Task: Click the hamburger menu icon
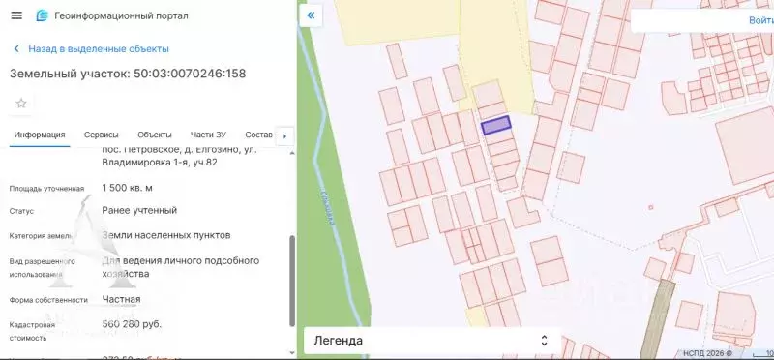coord(15,15)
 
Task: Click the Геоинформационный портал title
coord(121,15)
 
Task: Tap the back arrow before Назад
coord(16,48)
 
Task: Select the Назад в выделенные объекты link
coord(99,48)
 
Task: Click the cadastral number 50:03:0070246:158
coord(190,74)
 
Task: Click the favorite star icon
coord(21,103)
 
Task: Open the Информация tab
coord(40,135)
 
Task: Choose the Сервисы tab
coord(102,135)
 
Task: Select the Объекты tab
coord(155,135)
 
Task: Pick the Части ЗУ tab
coord(208,135)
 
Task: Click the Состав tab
coord(258,135)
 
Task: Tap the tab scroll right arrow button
coord(284,135)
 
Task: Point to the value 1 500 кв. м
coord(128,188)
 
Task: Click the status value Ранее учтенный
coord(139,210)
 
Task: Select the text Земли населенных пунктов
coord(166,235)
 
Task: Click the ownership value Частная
coord(121,299)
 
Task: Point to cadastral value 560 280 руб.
coord(132,324)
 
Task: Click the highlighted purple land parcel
coord(495,125)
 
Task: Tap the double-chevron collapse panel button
coord(311,16)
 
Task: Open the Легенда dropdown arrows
coord(544,341)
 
